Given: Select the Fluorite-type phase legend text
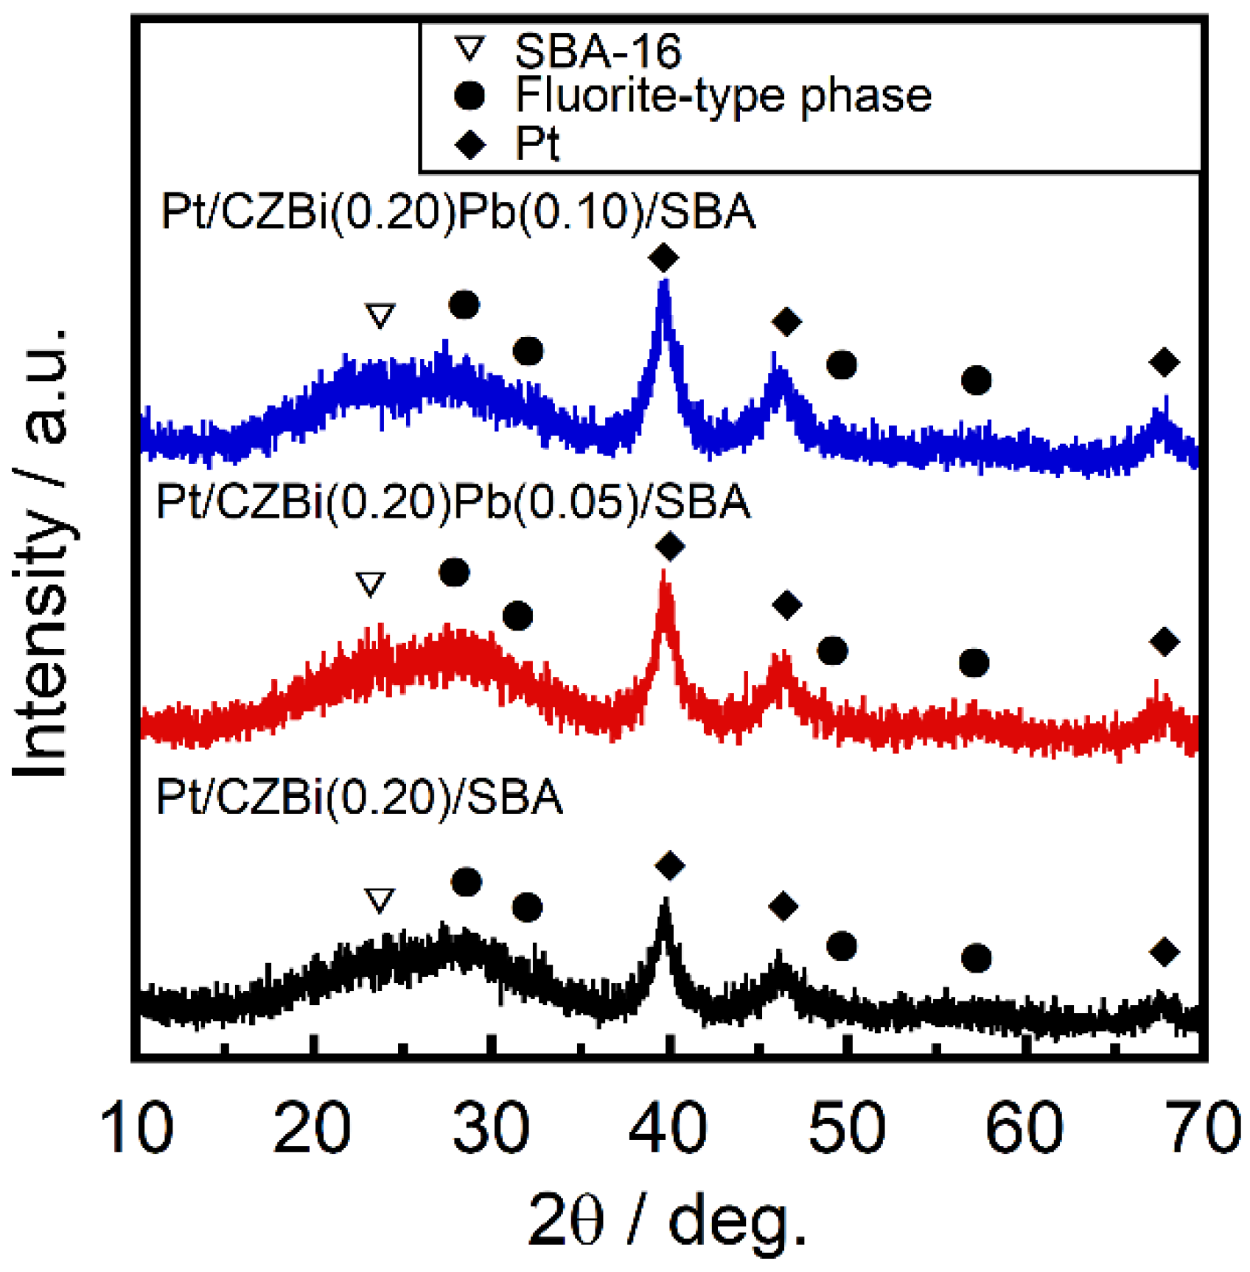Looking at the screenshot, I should pos(723,95).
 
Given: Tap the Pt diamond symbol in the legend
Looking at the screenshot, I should pos(470,144).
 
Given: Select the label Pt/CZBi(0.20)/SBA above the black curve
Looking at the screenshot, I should pos(360,798).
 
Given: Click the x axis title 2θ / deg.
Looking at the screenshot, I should pos(668,1220).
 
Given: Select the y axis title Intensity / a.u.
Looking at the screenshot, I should pos(42,553).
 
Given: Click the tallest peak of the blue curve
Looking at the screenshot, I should pos(664,284).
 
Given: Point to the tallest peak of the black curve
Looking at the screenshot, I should pos(666,902).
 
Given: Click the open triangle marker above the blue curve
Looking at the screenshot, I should pos(380,315).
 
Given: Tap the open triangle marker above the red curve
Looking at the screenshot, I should pos(370,583).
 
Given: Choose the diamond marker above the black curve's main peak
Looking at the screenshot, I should pos(669,865).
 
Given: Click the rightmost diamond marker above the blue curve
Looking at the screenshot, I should pos(1165,362).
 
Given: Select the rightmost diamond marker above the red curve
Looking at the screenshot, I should pos(1165,642).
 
